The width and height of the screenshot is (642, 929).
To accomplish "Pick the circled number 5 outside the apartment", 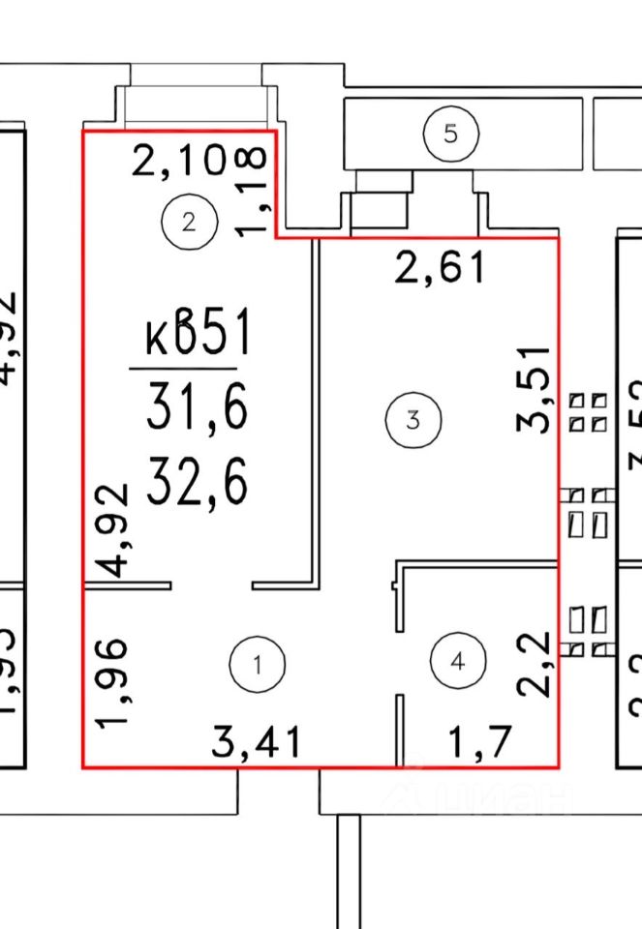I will [450, 134].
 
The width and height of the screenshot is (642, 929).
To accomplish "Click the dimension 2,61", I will [440, 266].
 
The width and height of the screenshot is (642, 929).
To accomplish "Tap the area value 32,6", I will [197, 481].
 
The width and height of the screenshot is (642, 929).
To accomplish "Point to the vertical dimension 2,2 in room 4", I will [535, 663].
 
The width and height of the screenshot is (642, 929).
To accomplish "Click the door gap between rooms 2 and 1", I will [213, 585].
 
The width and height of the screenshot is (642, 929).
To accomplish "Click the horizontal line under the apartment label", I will [183, 369].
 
